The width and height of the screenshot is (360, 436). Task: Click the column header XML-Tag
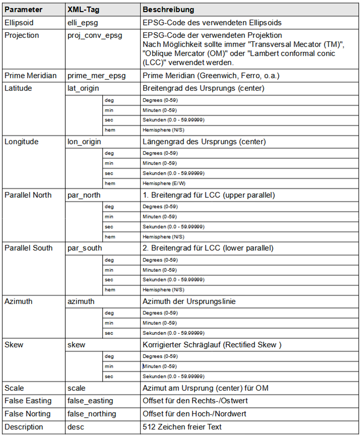tap(84, 10)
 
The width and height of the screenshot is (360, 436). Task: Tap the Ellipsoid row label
tap(20, 22)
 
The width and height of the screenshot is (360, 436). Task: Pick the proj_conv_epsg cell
tap(95, 36)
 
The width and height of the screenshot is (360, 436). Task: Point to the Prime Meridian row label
tap(30, 75)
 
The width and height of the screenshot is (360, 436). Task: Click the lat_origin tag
tap(84, 88)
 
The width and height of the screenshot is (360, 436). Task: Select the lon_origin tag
tap(84, 142)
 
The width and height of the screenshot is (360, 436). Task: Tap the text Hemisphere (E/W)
tap(163, 183)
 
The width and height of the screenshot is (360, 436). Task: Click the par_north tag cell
tap(84, 195)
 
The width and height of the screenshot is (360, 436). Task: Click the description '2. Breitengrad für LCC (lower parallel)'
tap(208, 248)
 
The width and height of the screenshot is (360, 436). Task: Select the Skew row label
tap(14, 345)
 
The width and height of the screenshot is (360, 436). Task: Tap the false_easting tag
tap(90, 400)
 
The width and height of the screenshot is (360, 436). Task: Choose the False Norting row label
tap(28, 413)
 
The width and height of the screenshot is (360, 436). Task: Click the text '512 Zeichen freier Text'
tap(182, 427)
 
